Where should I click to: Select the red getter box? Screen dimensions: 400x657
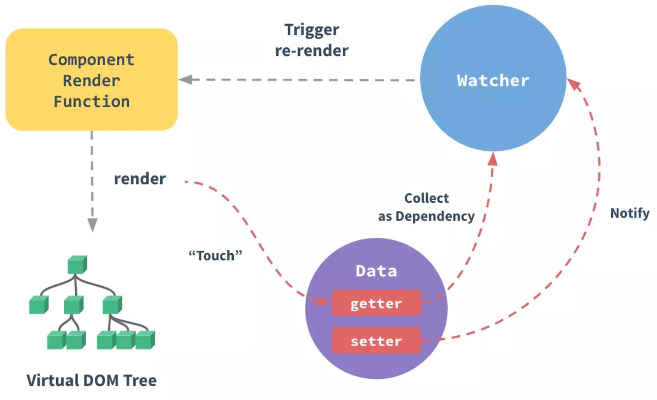tap(376, 303)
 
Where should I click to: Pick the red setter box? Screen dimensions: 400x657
tap(376, 341)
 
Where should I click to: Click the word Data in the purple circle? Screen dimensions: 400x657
tap(376, 271)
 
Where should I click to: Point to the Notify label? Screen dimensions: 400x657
tap(630, 213)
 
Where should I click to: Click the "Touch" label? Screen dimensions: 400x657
tap(216, 256)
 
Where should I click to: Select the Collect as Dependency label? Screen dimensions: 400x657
tap(426, 207)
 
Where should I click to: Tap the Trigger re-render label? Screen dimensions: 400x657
tap(312, 40)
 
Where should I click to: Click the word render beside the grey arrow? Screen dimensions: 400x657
tap(140, 179)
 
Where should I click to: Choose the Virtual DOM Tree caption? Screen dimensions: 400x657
tap(91, 380)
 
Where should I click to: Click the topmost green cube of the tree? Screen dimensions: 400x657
tap(77, 265)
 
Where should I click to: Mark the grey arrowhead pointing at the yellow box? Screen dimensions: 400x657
tap(185, 80)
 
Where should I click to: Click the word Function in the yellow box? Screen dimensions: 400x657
tap(91, 102)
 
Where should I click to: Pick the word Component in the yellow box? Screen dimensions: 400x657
tap(91, 60)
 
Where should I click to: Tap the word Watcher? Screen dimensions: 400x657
tap(493, 80)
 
